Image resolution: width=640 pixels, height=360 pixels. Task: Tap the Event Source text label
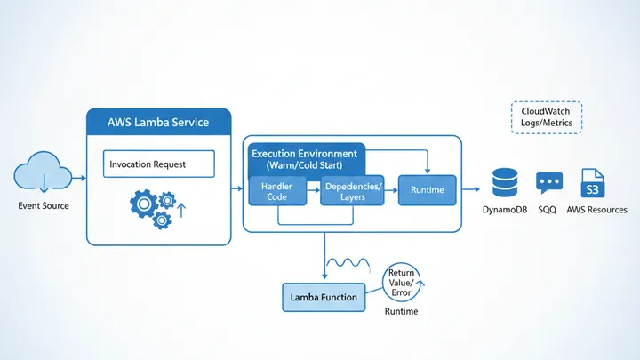pos(43,206)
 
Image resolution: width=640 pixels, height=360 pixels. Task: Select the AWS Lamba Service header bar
pos(158,123)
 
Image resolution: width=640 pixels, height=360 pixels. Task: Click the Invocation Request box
pos(159,164)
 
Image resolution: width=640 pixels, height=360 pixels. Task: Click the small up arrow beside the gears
pos(181,211)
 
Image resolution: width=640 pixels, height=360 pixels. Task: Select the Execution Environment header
pos(304,159)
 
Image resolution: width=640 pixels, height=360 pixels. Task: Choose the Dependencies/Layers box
pos(352,190)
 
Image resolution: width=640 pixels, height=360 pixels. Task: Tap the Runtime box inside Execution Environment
pos(427,190)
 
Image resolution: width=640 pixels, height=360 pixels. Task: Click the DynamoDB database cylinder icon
pos(505,183)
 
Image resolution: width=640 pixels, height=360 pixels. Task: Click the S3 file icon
pos(592,184)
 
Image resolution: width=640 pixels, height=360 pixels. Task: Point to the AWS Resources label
pos(596,210)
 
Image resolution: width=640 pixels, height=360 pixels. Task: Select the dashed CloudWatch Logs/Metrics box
pos(547,117)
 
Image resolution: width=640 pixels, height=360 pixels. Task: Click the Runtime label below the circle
pos(401,312)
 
